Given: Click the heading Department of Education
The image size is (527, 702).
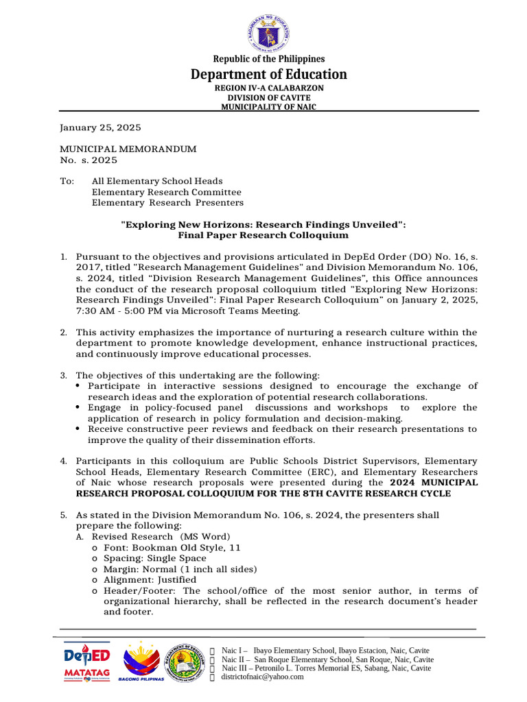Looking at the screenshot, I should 268,74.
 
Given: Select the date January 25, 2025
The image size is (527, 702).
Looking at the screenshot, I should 100,128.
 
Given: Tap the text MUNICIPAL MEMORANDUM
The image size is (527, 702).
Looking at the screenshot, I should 128,149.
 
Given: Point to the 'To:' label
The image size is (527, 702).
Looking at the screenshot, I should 67,182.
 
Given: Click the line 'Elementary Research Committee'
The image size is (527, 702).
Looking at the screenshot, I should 167,192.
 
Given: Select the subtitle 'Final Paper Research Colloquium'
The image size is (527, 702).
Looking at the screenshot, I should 263,235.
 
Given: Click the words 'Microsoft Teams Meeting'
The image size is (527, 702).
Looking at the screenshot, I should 242,311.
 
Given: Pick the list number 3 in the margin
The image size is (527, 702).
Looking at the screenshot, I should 63,375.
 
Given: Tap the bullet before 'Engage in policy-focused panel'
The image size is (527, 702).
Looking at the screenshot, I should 80,407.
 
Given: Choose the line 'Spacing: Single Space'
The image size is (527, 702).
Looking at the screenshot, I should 154,558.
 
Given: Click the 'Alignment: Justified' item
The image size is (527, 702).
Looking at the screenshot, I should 148,579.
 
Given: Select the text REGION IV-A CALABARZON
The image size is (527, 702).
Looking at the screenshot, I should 268,88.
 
